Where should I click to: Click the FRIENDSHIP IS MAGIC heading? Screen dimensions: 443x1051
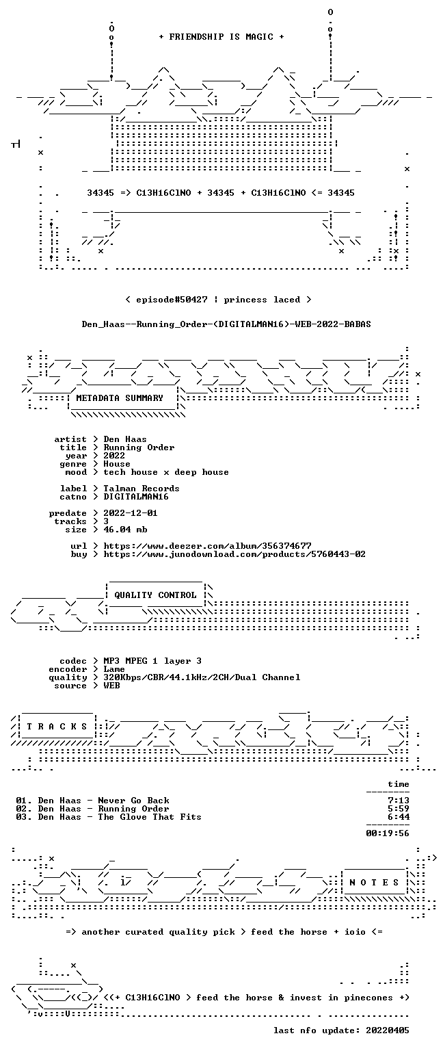pos(221,36)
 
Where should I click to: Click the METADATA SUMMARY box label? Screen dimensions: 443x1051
pos(120,398)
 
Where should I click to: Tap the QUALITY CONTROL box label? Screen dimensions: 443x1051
pos(155,595)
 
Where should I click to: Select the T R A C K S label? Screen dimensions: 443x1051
pos(57,726)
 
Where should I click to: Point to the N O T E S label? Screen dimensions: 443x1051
pos(374,883)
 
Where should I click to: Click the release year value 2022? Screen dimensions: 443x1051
pos(114,456)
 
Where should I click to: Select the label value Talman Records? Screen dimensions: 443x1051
pos(142,489)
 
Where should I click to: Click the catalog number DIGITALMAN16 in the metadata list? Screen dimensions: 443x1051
pos(136,496)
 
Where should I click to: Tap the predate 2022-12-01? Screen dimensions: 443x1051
pos(131,512)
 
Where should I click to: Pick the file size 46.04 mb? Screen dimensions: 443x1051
pos(125,529)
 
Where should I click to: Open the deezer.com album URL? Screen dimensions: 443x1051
pos(207,545)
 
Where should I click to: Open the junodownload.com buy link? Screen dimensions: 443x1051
pos(234,554)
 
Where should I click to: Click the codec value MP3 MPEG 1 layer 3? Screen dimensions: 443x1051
pos(152,660)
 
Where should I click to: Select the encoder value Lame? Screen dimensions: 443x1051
pos(114,669)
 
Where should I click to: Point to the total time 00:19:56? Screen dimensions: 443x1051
pos(387,833)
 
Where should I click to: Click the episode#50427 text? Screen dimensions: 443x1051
pos(172,299)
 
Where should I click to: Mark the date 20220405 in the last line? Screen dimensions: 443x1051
pos(387,1030)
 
